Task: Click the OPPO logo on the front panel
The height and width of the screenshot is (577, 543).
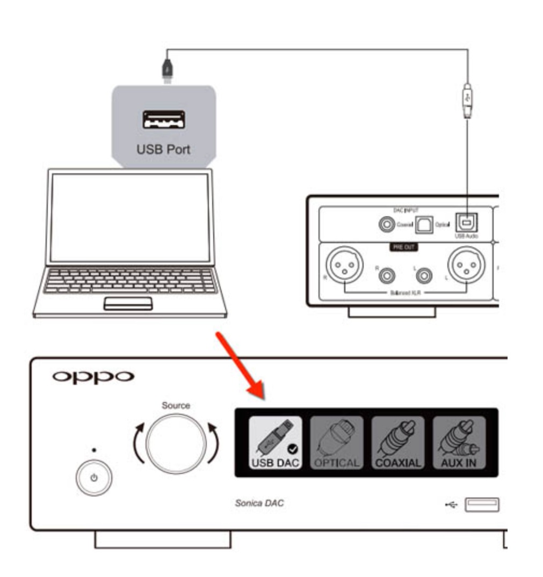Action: click(x=92, y=377)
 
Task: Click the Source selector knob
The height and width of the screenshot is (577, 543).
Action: click(x=176, y=443)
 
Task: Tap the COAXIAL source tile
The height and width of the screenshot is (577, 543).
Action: click(x=397, y=442)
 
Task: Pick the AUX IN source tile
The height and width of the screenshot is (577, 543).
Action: click(x=459, y=442)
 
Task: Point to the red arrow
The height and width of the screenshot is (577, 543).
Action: click(x=240, y=365)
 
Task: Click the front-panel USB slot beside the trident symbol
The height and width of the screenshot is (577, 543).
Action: click(x=482, y=504)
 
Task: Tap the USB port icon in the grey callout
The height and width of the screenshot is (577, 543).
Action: click(x=164, y=120)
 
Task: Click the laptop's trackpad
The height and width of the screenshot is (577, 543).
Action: click(x=128, y=303)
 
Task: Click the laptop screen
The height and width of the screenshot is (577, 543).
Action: click(x=129, y=217)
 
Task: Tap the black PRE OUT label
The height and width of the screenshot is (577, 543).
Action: click(x=403, y=247)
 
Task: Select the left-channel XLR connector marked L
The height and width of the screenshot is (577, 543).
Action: click(x=465, y=267)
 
